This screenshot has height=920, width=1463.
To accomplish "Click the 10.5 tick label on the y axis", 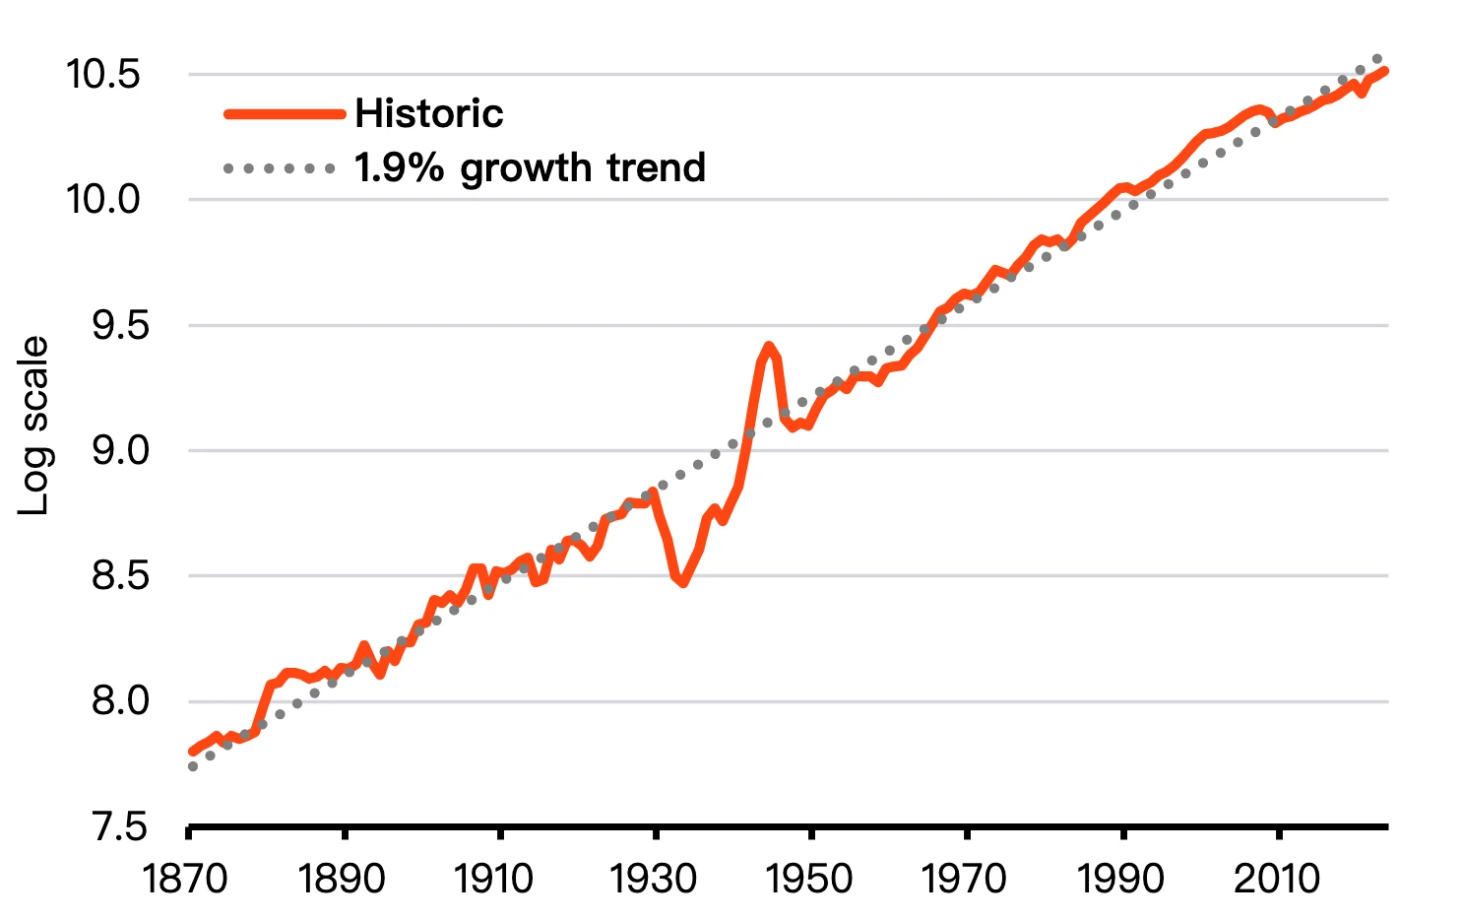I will (103, 75).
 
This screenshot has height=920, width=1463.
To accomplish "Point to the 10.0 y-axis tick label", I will (103, 200).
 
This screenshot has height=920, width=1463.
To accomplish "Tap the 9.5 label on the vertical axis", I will (120, 326).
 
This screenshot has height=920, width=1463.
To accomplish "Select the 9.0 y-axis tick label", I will (120, 451).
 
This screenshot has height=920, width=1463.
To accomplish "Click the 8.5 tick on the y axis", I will (120, 576).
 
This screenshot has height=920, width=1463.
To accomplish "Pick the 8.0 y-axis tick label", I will (120, 701).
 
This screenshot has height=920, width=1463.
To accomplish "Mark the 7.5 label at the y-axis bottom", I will (120, 827).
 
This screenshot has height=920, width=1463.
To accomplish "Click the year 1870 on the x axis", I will (186, 879).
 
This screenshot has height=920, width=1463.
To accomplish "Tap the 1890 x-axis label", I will (342, 879).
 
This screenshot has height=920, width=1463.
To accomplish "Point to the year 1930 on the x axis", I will (653, 879).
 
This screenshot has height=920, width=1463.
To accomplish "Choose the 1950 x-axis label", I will (809, 879).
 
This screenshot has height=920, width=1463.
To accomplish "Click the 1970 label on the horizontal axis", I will (965, 879).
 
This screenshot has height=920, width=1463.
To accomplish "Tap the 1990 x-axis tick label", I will (1120, 879).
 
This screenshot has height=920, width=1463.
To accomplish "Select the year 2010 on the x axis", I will (1277, 879).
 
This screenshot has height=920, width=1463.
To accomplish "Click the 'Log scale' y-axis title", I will (35, 426).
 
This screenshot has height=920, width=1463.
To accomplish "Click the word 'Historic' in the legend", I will (429, 114).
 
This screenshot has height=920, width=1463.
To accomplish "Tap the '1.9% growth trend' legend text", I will (530, 168).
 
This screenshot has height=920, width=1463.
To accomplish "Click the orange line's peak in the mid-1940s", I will (769, 347).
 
